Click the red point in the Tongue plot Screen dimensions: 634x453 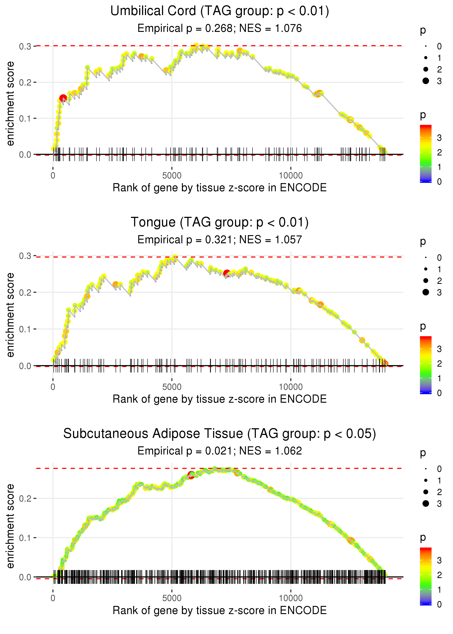(x=227, y=273)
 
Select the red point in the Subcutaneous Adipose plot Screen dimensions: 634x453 (x=191, y=475)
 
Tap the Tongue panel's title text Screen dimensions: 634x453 (x=220, y=222)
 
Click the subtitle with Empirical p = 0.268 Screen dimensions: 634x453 (x=220, y=28)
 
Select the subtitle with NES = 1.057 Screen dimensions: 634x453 (x=220, y=240)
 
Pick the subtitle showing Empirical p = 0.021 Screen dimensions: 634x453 (x=220, y=451)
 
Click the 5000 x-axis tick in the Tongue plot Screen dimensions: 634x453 (x=172, y=387)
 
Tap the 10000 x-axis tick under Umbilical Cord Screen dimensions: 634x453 (x=291, y=176)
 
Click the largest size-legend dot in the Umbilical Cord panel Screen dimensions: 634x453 (x=426, y=81)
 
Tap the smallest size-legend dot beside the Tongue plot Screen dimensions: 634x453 (x=426, y=258)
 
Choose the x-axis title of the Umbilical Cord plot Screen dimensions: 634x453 (x=220, y=188)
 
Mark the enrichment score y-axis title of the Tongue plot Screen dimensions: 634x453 (x=10, y=315)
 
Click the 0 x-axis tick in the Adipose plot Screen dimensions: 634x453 (x=53, y=598)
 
